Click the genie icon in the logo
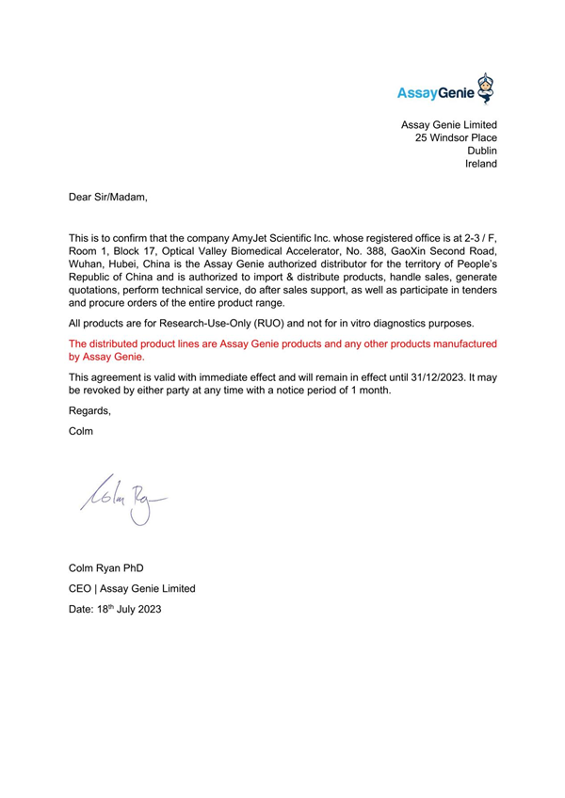(x=484, y=87)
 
